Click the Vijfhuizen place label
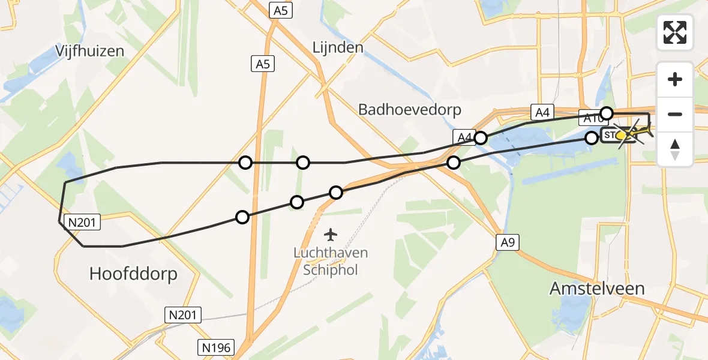tap(90, 50)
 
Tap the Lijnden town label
tap(338, 47)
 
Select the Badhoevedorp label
tap(409, 109)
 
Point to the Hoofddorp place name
tap(133, 274)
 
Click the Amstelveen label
tap(597, 289)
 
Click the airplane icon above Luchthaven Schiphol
tap(330, 233)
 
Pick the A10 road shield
tap(590, 117)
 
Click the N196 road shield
tap(214, 346)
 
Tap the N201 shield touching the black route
tap(80, 223)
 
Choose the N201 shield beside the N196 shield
tap(184, 314)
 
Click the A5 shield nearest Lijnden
tap(280, 10)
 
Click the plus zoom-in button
tap(675, 79)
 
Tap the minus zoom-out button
tap(675, 114)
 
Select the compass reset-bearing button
tap(675, 149)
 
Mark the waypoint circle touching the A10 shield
tap(607, 113)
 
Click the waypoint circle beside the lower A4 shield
tap(480, 139)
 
